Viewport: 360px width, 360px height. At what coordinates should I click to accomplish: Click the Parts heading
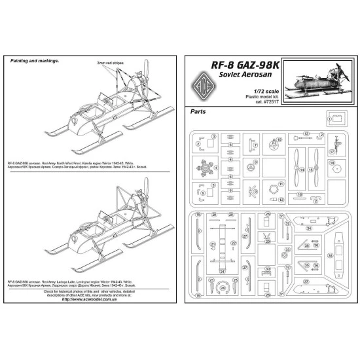198,112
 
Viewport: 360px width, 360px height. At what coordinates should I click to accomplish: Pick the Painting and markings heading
35,60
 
